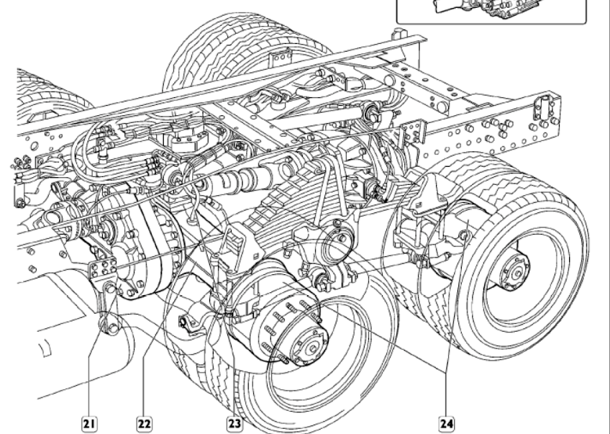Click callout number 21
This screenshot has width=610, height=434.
pyautogui.click(x=88, y=424)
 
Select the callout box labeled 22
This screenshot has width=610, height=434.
pyautogui.click(x=144, y=424)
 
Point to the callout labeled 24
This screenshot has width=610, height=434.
pyautogui.click(x=447, y=424)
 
